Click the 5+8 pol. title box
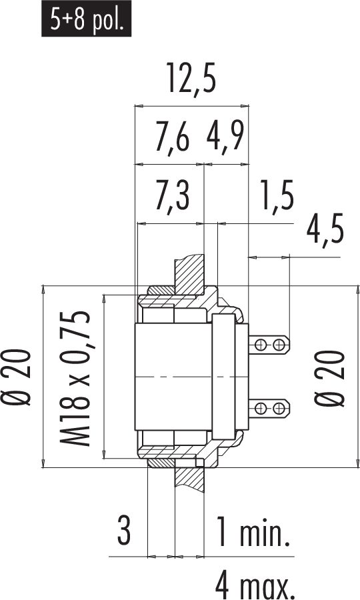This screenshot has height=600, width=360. tap(87, 19)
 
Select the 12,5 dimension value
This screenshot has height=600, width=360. tap(192, 79)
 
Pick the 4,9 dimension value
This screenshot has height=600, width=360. tap(225, 137)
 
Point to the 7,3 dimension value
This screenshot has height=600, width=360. tap(172, 195)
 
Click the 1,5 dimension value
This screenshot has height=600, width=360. tap(277, 195)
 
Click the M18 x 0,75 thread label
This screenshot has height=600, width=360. tap(75, 379)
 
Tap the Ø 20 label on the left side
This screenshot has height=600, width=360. tap(17, 377)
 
